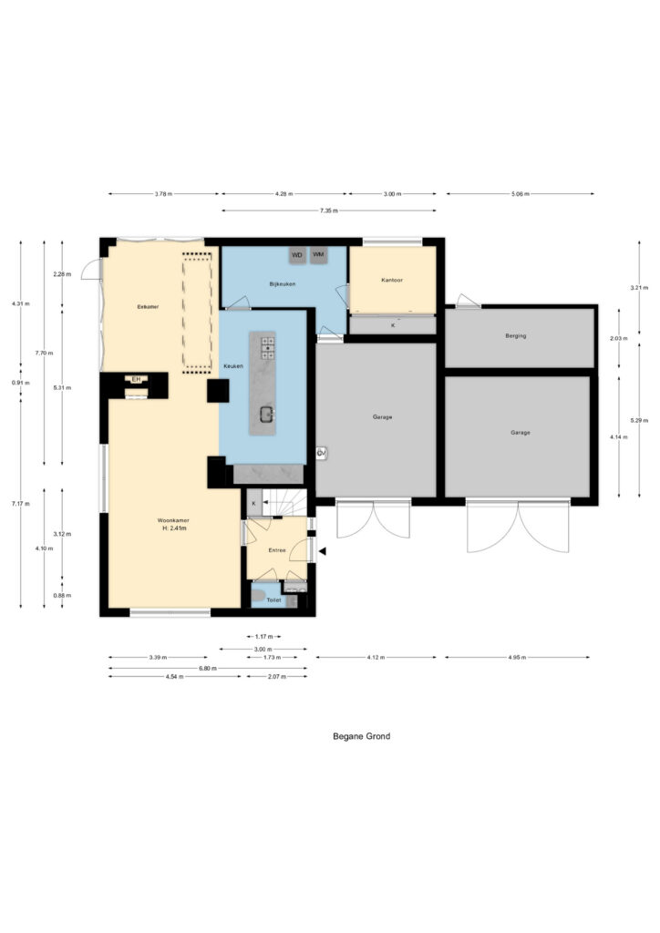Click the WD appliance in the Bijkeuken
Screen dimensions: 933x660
(x=297, y=255)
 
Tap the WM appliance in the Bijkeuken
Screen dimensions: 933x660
(x=318, y=255)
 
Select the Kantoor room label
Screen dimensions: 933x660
(x=392, y=281)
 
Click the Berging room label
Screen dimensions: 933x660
(x=516, y=336)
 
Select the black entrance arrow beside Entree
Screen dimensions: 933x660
(x=322, y=549)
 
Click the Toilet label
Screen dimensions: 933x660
(x=273, y=600)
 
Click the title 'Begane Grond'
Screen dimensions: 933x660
(x=361, y=736)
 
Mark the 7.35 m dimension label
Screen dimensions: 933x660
(x=328, y=210)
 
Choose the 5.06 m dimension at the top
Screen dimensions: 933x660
(x=520, y=194)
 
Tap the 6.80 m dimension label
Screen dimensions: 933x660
(x=208, y=669)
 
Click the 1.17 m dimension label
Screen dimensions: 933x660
(x=263, y=637)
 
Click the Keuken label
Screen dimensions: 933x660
(x=232, y=366)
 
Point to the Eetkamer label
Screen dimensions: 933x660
(x=148, y=307)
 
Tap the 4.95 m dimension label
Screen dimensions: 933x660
(x=516, y=657)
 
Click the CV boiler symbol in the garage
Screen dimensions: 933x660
(x=322, y=453)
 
